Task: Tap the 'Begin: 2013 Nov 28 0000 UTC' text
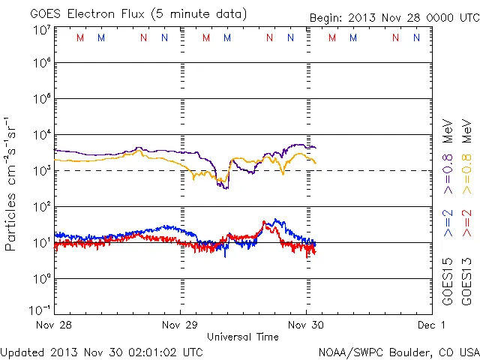click(x=393, y=17)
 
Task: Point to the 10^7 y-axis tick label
click(x=42, y=30)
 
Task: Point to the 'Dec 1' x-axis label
click(x=432, y=325)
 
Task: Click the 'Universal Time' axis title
click(x=243, y=337)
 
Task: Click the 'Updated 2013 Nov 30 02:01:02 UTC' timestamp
click(x=102, y=351)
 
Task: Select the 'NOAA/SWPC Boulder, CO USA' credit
click(x=398, y=351)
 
